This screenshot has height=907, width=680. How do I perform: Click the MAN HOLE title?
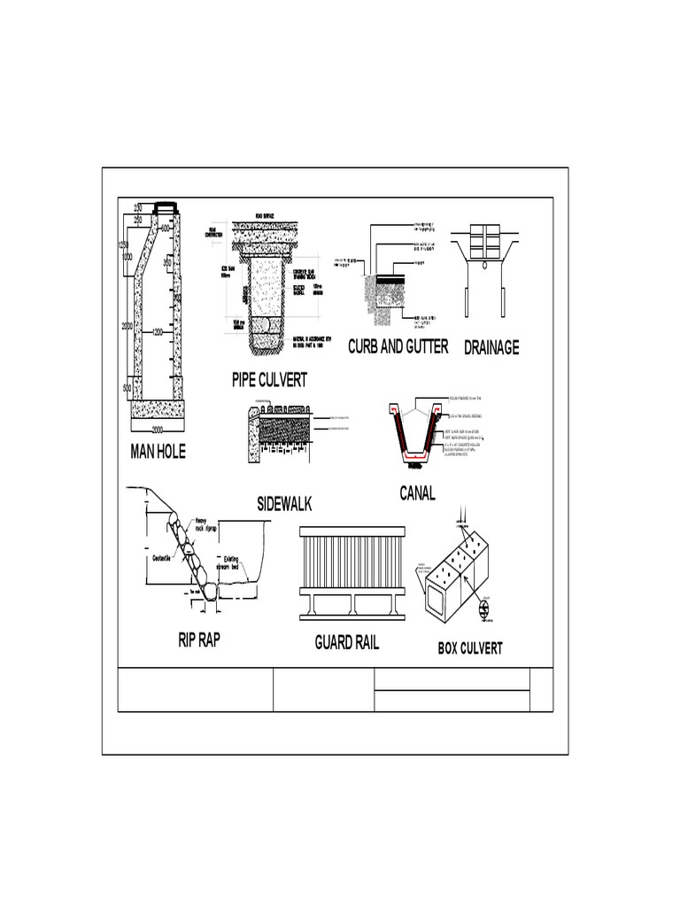158,453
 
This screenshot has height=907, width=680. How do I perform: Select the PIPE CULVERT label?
269,381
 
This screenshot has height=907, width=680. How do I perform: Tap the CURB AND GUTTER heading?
398,346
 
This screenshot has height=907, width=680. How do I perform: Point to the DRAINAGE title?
491,347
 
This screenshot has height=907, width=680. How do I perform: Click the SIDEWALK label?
285,505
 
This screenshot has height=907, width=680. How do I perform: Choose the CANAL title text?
417,494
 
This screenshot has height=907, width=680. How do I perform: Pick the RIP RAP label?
198,640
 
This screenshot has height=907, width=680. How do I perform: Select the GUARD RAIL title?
347,642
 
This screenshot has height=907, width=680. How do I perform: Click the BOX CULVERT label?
470,648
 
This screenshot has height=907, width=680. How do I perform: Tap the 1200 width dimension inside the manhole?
158,333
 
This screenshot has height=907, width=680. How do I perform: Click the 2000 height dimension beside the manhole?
127,327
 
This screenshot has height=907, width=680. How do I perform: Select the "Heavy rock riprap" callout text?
205,523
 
